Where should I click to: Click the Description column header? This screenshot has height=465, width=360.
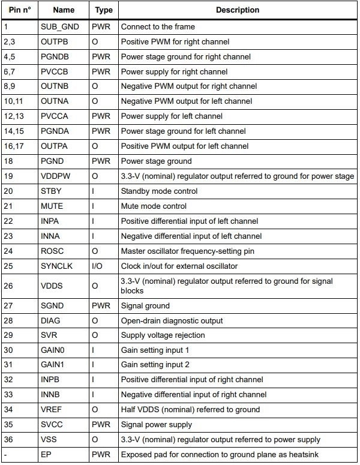(x=238, y=10)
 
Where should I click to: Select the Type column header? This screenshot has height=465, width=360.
(x=103, y=10)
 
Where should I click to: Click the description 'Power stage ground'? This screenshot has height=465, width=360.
(x=156, y=161)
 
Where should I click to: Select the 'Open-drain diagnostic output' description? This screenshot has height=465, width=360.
(x=172, y=320)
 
